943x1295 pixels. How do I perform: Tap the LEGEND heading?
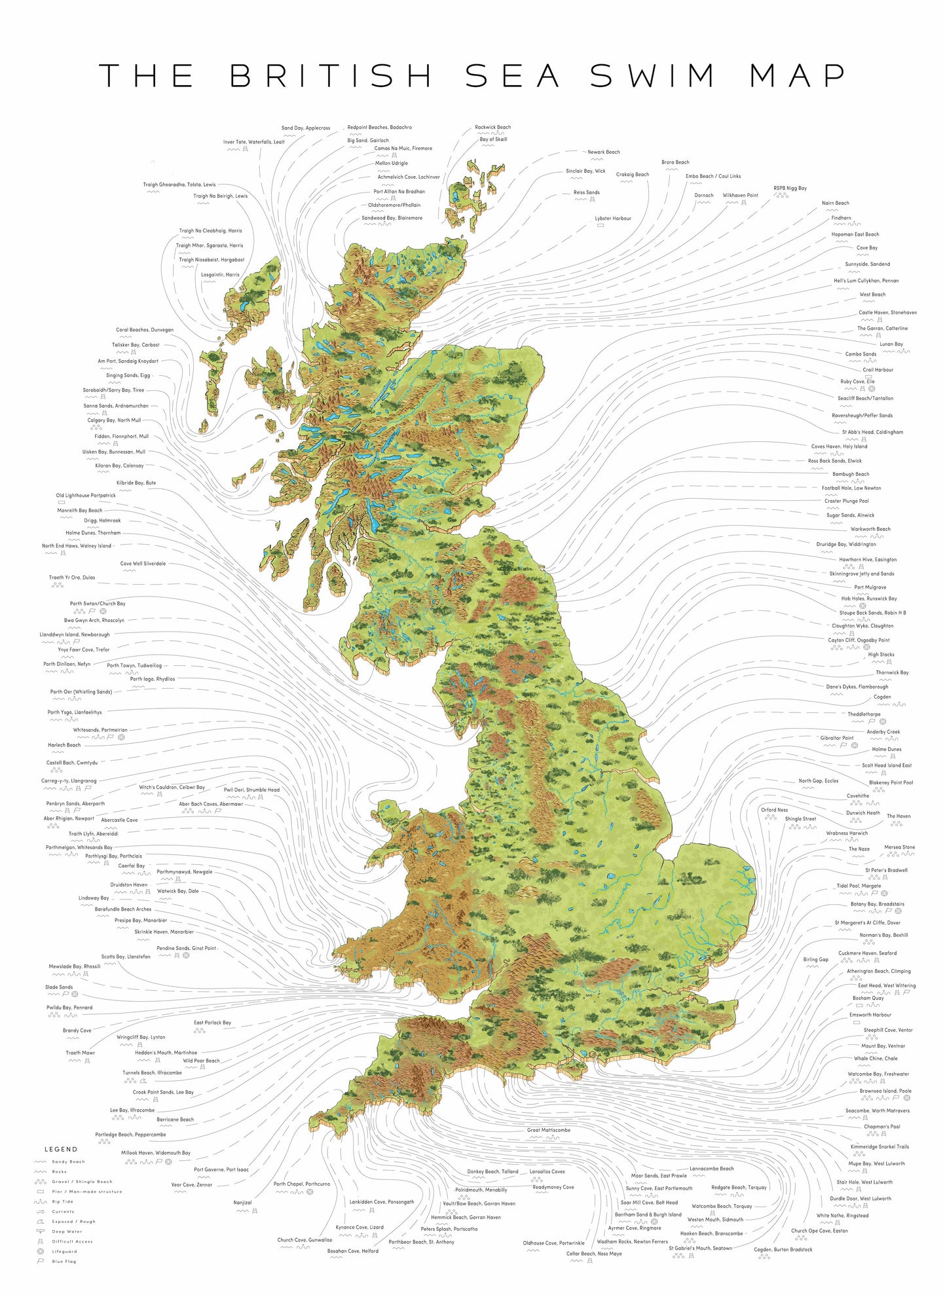(61, 1149)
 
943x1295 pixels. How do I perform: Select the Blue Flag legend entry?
(64, 1261)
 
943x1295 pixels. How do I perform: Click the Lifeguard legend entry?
(64, 1251)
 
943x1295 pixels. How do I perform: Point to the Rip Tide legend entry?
(63, 1201)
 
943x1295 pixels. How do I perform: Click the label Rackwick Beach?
(492, 127)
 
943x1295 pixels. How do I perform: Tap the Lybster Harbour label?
(613, 218)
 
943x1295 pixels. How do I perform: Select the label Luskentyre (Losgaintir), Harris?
(220, 275)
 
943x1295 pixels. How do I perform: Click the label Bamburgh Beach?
(851, 474)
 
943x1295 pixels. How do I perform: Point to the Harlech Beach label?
(64, 745)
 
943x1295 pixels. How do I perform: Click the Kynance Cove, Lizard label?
(360, 1227)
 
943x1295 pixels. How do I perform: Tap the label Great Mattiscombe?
(549, 1129)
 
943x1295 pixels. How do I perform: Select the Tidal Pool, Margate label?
(859, 886)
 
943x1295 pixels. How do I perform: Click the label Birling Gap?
(815, 959)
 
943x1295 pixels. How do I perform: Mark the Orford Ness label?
(774, 810)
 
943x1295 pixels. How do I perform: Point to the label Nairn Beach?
(835, 203)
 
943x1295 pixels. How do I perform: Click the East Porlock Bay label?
(212, 1022)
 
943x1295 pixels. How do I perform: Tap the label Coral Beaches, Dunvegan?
(145, 330)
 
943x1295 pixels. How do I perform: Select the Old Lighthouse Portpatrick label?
(86, 496)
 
